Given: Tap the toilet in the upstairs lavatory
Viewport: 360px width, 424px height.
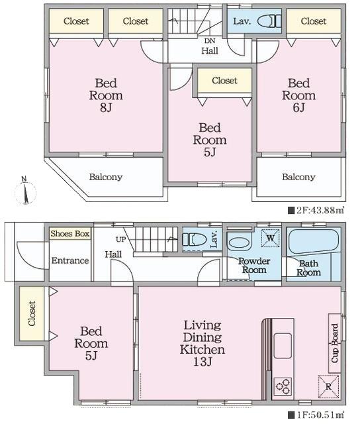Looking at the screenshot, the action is coord(269,21).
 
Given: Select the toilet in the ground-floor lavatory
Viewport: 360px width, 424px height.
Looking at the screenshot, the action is coord(194,239).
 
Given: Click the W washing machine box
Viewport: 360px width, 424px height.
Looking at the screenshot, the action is coord(271,238).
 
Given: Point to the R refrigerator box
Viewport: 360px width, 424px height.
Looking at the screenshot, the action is coord(328,386).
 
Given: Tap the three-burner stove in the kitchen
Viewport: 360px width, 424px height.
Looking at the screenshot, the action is coord(283,386).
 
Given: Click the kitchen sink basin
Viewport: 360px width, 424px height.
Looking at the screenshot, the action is coord(283,346).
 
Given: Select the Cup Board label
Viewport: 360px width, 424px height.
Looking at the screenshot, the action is coord(335,343).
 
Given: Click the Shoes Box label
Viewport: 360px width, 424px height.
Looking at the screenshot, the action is coord(70,234).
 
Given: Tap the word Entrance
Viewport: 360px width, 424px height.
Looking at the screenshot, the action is coord(70,260).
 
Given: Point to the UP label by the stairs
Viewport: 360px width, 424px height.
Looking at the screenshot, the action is coord(120,239).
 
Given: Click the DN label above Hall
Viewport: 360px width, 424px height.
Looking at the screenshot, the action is coord(210,41).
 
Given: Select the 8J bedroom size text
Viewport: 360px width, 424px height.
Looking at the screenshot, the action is coord(106,107).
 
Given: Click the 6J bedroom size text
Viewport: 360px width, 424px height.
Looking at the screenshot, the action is coord(298,107).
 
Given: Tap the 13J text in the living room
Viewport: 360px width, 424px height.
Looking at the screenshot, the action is coord(202,361).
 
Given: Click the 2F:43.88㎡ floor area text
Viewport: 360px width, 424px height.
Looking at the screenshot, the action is coord(317,211).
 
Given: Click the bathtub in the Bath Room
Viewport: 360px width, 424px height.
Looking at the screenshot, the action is coord(314,241).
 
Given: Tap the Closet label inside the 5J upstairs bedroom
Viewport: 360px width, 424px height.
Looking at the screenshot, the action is coord(225,81).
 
